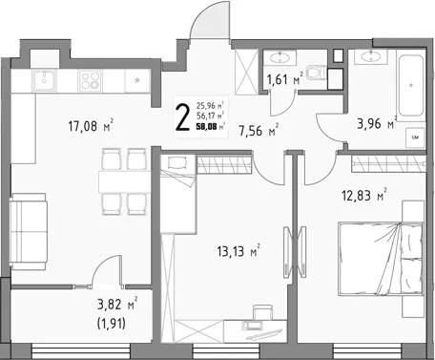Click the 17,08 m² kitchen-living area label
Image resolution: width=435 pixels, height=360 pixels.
click(91, 125)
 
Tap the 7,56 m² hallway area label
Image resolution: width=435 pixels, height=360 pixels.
click(259, 130)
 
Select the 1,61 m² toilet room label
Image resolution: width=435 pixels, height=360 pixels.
click(285, 78)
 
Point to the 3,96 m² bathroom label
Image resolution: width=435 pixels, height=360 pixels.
click(377, 122)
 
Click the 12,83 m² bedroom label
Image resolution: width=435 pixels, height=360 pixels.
click(364, 195)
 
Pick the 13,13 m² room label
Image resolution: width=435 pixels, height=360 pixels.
click(238, 251)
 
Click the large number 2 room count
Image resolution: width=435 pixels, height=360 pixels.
click(183, 117)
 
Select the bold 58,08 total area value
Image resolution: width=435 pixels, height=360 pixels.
click(207, 127)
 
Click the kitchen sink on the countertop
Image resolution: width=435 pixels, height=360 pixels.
click(44, 80)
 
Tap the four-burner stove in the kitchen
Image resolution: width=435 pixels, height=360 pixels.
click(90, 80)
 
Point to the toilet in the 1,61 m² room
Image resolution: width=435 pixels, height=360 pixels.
click(317, 72)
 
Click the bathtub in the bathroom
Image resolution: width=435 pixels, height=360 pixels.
click(411, 86)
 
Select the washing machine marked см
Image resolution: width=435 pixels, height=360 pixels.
click(415, 138)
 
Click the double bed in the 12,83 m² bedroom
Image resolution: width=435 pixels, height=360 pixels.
click(381, 259)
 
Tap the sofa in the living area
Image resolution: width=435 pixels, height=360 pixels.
click(29, 231)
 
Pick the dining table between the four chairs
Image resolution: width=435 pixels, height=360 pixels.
click(124, 181)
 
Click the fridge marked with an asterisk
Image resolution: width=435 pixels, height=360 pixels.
click(137, 81)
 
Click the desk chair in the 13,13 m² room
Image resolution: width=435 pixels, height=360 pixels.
click(263, 311)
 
